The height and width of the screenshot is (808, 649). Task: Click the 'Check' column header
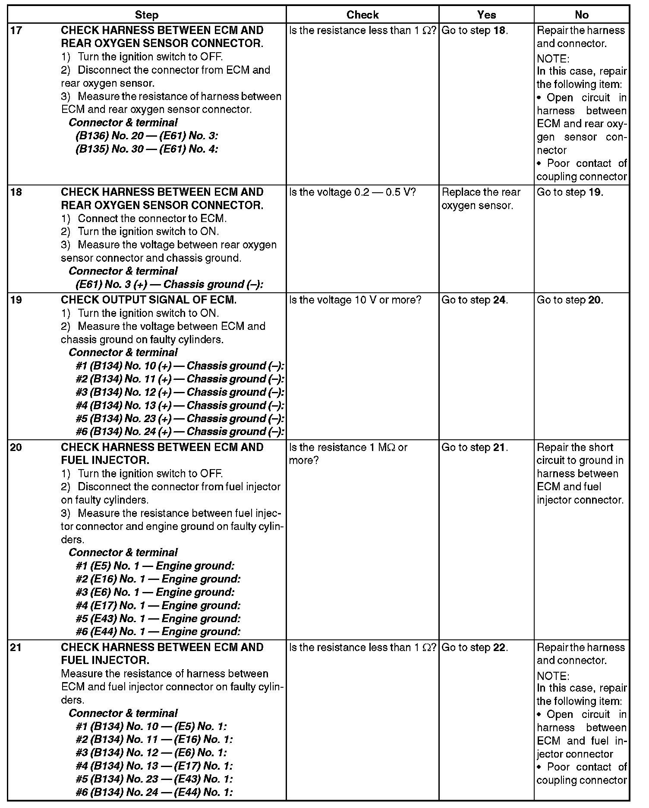[362, 15]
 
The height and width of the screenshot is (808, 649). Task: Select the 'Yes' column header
[486, 15]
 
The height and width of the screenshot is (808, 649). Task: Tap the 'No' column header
[582, 15]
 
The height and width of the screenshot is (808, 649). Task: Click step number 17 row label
[16, 31]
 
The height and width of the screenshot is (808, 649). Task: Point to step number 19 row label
[16, 300]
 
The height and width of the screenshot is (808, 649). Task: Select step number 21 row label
[16, 647]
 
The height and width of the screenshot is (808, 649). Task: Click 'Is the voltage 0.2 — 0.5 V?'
[352, 192]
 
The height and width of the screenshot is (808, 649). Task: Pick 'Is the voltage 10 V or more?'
[355, 300]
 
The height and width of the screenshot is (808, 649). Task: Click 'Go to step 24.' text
[475, 300]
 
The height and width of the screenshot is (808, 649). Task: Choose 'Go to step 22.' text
[475, 647]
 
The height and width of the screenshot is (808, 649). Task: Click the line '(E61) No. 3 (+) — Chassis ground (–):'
[169, 285]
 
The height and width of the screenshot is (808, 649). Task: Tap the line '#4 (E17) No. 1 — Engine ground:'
[158, 605]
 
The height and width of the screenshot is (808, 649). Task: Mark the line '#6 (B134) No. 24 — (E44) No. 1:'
[154, 792]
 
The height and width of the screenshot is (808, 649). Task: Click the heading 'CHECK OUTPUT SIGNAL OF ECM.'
[148, 300]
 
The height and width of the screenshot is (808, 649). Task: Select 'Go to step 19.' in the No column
[570, 192]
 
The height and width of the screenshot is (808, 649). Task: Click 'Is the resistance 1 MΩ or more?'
[348, 454]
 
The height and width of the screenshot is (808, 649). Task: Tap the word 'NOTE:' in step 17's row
[553, 59]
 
